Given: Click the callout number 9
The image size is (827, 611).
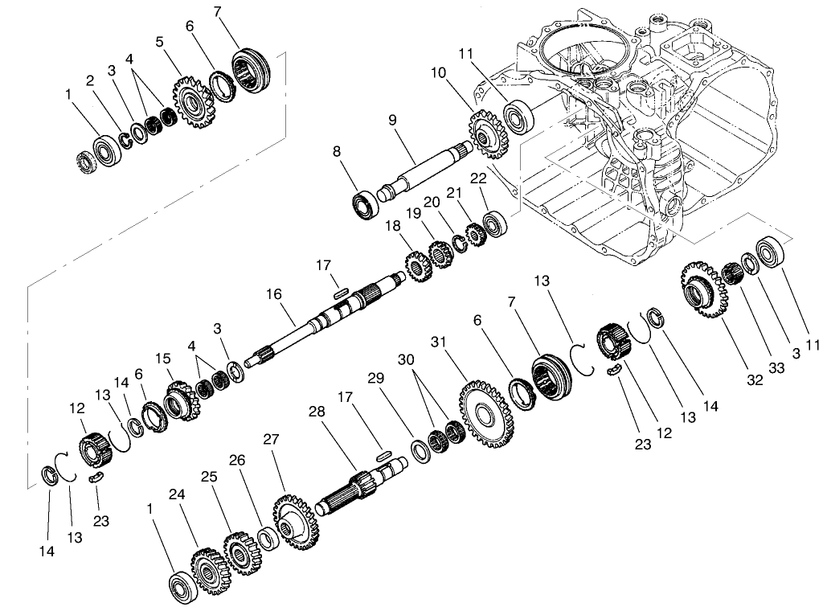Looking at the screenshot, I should [x=393, y=121].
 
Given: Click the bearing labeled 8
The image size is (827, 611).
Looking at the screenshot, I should [x=366, y=203].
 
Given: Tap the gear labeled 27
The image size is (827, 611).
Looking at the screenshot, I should [x=296, y=522].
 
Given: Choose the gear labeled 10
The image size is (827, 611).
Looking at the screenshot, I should [x=484, y=133].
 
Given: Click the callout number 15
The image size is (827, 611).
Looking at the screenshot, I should [x=164, y=358].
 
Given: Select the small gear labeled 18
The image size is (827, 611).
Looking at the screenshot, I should [x=416, y=265].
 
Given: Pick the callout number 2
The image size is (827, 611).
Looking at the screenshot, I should [x=90, y=80].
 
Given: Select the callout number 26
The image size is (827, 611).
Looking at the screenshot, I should [x=237, y=460].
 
